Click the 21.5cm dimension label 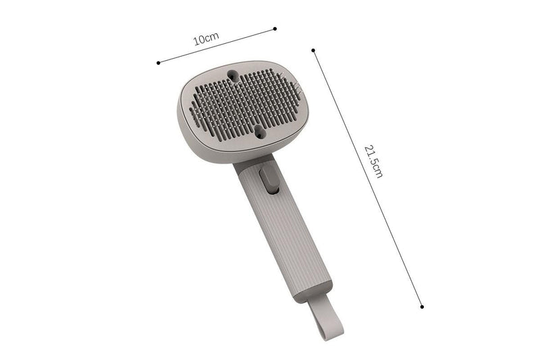point(373,161)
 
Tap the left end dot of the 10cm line point(158,63)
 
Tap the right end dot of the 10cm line point(275,28)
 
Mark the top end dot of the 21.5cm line point(313,49)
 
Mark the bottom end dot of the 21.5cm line point(422,306)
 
